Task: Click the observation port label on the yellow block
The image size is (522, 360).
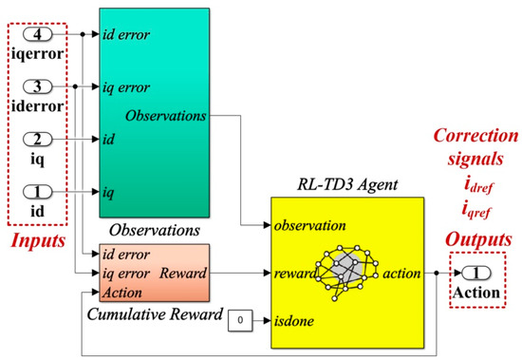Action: tap(309, 227)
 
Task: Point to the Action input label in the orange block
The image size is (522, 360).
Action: tap(121, 291)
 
